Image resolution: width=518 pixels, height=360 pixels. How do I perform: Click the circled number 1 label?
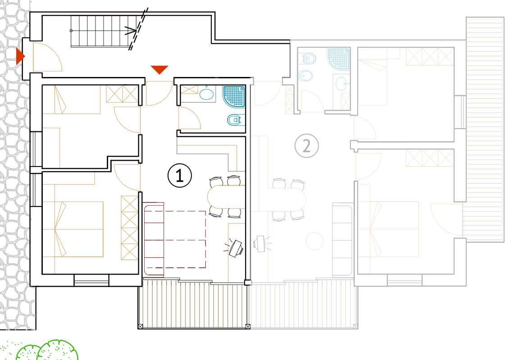point(179,175)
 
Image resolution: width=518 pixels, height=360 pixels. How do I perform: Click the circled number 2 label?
point(307,145)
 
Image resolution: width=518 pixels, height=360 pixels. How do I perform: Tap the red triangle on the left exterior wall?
point(20,56)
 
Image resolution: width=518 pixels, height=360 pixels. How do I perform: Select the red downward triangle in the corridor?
point(159,70)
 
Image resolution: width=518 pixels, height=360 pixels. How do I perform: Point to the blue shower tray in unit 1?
point(234,96)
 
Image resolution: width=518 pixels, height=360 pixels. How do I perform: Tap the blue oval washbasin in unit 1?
point(207,94)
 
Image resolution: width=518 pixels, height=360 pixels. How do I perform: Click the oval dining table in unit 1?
point(226,196)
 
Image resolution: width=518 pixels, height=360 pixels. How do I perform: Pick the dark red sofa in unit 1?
point(154,239)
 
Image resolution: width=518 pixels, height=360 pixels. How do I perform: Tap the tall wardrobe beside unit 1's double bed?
point(130,228)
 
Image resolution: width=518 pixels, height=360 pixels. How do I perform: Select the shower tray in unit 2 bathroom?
point(339,59)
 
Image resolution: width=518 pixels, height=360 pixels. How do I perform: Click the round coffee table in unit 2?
point(314,241)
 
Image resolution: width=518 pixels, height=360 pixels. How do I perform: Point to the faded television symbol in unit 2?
point(261,243)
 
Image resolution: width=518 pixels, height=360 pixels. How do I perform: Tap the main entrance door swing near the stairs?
point(48,57)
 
